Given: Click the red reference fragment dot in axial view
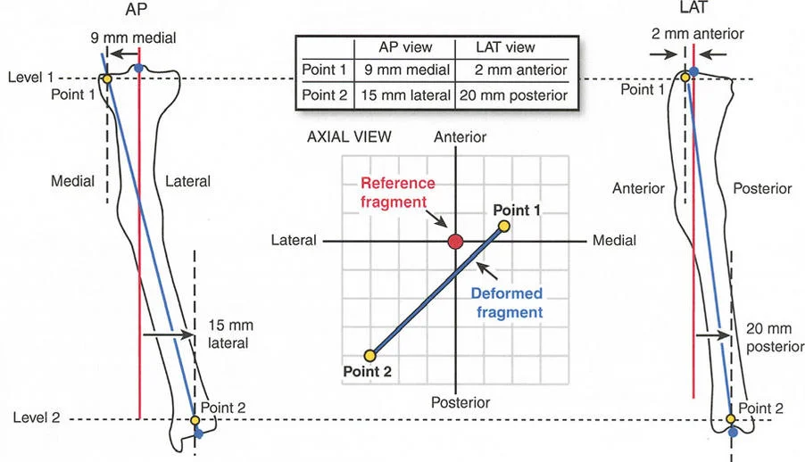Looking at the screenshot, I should click(x=455, y=242).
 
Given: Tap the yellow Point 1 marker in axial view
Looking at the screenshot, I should click(x=504, y=227).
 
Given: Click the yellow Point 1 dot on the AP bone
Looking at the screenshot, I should click(x=106, y=78).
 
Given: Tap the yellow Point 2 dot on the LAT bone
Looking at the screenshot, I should click(x=730, y=418).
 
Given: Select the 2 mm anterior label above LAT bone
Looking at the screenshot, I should click(x=699, y=34).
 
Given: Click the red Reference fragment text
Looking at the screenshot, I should click(x=397, y=193).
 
